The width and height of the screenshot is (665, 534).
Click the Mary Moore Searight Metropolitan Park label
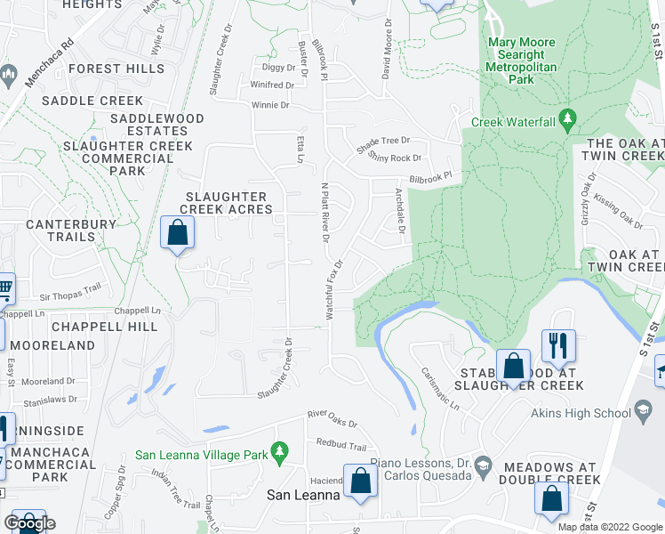tap(522, 61)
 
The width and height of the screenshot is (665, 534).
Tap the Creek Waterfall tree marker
tap(570, 121)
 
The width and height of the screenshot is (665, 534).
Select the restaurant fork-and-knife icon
tap(558, 345)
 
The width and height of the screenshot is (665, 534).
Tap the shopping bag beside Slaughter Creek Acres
tap(178, 233)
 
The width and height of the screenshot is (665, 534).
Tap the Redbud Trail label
tap(341, 445)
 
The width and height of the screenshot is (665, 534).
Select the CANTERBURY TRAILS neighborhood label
tap(60, 231)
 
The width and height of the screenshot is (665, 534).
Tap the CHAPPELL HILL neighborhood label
tap(105, 327)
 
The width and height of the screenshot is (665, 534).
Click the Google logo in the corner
tap(30, 522)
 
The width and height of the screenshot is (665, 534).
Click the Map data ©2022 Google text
tap(610, 526)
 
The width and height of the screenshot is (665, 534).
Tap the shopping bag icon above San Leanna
tap(361, 481)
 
